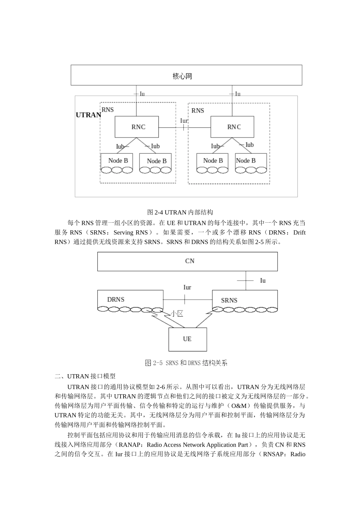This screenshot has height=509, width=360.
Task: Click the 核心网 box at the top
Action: pyautogui.click(x=186, y=75)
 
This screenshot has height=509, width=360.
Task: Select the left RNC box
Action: pyautogui.click(x=136, y=127)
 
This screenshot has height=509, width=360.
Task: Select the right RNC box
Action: pyautogui.click(x=232, y=127)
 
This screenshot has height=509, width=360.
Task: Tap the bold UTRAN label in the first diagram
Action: pyautogui.click(x=88, y=115)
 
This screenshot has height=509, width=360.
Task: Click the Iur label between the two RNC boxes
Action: pyautogui.click(x=184, y=121)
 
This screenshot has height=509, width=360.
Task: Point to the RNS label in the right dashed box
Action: pyautogui.click(x=197, y=111)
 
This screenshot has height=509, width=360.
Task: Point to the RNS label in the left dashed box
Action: pyautogui.click(x=108, y=110)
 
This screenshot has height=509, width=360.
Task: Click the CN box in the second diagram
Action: pyautogui.click(x=188, y=261)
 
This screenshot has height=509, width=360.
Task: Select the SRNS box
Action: pyautogui.click(x=244, y=300)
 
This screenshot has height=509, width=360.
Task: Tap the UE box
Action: pyautogui.click(x=188, y=339)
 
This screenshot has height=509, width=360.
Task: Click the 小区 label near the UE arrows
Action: pyautogui.click(x=177, y=314)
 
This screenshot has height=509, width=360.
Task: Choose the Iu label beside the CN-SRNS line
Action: pyautogui.click(x=263, y=281)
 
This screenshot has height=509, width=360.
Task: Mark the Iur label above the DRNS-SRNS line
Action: pyautogui.click(x=187, y=287)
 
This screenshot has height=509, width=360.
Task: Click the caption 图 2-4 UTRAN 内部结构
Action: pyautogui.click(x=180, y=212)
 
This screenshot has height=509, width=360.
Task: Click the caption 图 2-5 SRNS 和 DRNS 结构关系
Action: pyautogui.click(x=186, y=363)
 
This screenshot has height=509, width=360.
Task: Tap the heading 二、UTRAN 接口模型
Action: pyautogui.click(x=85, y=376)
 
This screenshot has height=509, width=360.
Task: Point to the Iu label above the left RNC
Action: pyautogui.click(x=142, y=94)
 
